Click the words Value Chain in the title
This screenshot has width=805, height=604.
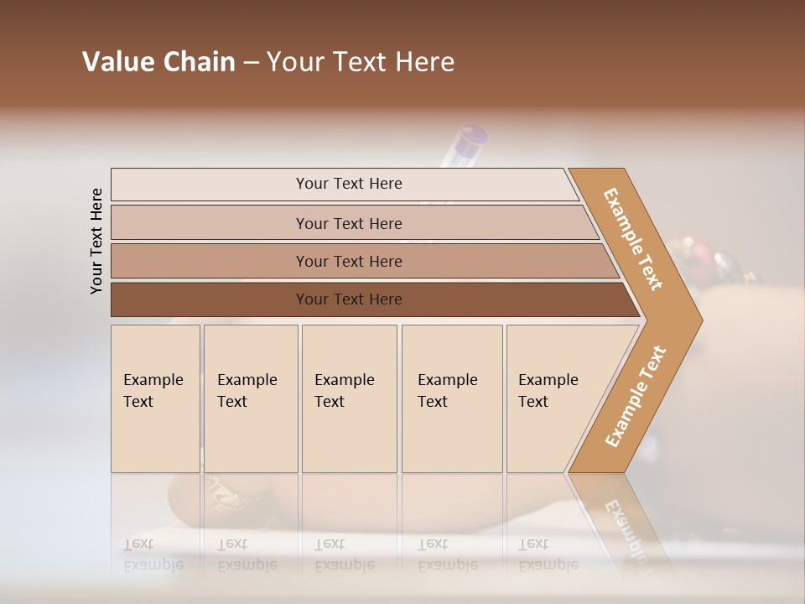tap(158, 62)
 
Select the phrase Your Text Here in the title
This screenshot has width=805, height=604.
tap(361, 62)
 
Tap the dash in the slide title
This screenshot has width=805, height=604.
tap(251, 63)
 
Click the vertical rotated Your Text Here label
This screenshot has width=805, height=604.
tap(97, 241)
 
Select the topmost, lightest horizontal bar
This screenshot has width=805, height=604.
tap(348, 184)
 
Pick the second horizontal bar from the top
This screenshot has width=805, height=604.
tap(348, 223)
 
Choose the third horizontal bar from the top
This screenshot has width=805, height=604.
tap(348, 261)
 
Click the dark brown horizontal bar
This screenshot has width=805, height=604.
tap(348, 299)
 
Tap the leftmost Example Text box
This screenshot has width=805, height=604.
tap(155, 398)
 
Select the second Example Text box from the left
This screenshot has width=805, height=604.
tap(250, 398)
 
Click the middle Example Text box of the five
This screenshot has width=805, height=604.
tap(349, 398)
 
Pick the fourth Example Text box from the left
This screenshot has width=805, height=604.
tap(451, 398)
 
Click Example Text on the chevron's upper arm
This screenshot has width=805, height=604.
tap(633, 239)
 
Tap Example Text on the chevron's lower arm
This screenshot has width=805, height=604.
tap(635, 396)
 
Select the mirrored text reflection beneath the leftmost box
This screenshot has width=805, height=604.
tap(153, 555)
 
